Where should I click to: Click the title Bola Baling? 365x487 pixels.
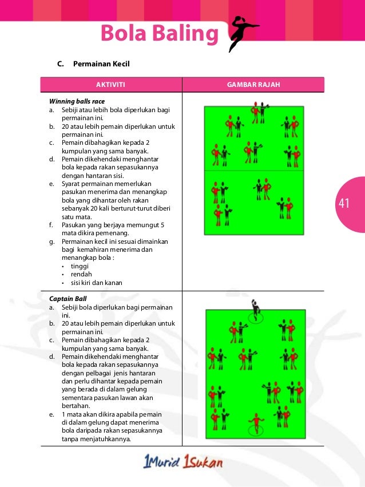click(x=160, y=34)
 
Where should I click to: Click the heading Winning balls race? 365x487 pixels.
click(x=77, y=101)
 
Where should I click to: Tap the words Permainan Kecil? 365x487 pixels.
click(x=101, y=64)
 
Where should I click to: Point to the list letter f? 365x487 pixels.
click(x=51, y=225)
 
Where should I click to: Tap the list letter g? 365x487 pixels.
click(x=51, y=241)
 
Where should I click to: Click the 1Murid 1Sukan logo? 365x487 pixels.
click(x=182, y=463)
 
